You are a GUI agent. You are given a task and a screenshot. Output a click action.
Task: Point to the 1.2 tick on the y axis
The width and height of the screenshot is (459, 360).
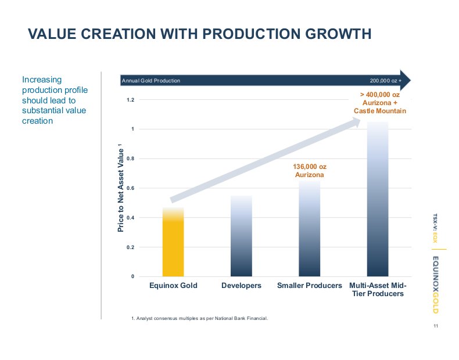point(131,100)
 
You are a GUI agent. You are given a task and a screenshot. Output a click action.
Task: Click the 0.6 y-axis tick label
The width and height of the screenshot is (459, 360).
point(131,188)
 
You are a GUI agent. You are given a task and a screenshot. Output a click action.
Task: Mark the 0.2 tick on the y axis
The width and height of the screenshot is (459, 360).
point(131,247)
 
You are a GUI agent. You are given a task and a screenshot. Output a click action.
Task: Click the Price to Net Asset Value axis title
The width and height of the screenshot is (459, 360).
point(121,187)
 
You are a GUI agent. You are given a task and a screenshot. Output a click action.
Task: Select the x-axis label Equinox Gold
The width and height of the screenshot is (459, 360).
point(173,286)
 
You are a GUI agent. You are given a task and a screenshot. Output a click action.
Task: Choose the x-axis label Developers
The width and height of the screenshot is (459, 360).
point(241,286)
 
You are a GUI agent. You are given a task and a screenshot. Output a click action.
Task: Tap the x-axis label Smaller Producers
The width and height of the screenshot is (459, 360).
point(309,286)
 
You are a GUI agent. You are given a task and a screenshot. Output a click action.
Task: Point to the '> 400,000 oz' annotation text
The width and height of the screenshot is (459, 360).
point(380,94)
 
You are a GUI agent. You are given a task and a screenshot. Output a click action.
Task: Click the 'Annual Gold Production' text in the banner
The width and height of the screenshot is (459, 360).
point(151,81)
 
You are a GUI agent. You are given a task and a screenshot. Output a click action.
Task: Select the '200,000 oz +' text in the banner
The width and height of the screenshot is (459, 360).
point(385,81)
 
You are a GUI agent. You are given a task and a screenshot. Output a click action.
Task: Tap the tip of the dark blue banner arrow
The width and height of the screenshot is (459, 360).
point(410,80)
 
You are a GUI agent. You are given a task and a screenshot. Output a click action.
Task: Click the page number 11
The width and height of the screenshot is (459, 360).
point(435,326)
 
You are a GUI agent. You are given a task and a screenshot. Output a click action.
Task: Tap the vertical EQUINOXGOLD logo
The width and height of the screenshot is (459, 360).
point(435,285)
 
